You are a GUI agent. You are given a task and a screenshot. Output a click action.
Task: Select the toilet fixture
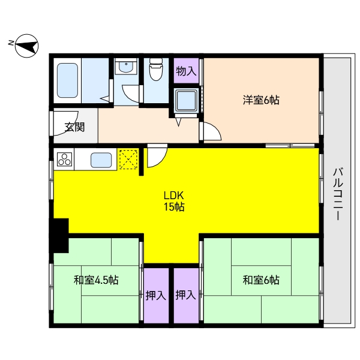[155, 71]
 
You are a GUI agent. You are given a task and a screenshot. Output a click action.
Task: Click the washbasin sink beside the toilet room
[125, 68]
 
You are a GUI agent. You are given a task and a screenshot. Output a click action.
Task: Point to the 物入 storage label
[186, 71]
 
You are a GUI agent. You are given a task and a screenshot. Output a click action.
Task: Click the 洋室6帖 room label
[261, 100]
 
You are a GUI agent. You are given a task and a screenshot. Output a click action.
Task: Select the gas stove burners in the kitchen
[65, 160]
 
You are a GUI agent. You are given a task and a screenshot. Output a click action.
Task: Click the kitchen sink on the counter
[101, 160]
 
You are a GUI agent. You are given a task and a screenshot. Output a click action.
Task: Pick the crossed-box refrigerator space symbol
[128, 159]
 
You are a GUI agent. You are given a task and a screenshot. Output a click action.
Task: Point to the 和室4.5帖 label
[96, 280]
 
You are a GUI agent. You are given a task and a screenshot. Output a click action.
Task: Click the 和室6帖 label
[261, 280]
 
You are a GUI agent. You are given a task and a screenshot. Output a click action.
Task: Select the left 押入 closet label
[156, 295]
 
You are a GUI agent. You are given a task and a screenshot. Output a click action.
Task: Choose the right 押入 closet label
[185, 295]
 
